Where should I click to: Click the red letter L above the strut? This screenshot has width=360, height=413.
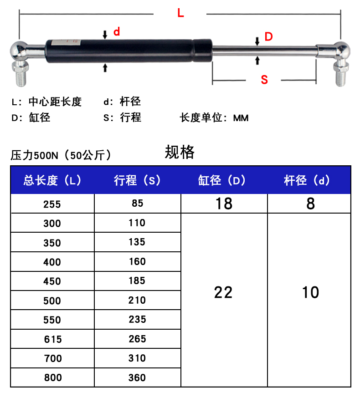[x=180, y=13]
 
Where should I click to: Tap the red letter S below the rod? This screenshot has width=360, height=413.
[x=264, y=80]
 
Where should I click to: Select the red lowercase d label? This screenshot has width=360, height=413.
[x=117, y=32]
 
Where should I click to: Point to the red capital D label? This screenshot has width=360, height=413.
[x=268, y=37]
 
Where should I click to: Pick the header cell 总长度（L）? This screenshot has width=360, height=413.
[x=52, y=180]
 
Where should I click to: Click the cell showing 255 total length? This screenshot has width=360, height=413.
[x=52, y=204]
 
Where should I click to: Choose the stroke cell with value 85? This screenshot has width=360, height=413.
[x=137, y=204]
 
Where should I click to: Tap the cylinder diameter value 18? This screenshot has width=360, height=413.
[x=224, y=204]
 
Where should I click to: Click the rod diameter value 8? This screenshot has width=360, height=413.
[x=310, y=204]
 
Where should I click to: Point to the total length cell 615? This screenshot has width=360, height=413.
[x=52, y=339]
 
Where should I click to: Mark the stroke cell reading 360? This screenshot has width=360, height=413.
[x=137, y=377]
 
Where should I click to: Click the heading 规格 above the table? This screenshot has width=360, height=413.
[x=180, y=152]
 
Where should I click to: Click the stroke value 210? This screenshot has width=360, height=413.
[x=137, y=301]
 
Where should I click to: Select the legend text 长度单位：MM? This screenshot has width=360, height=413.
[x=214, y=118]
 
